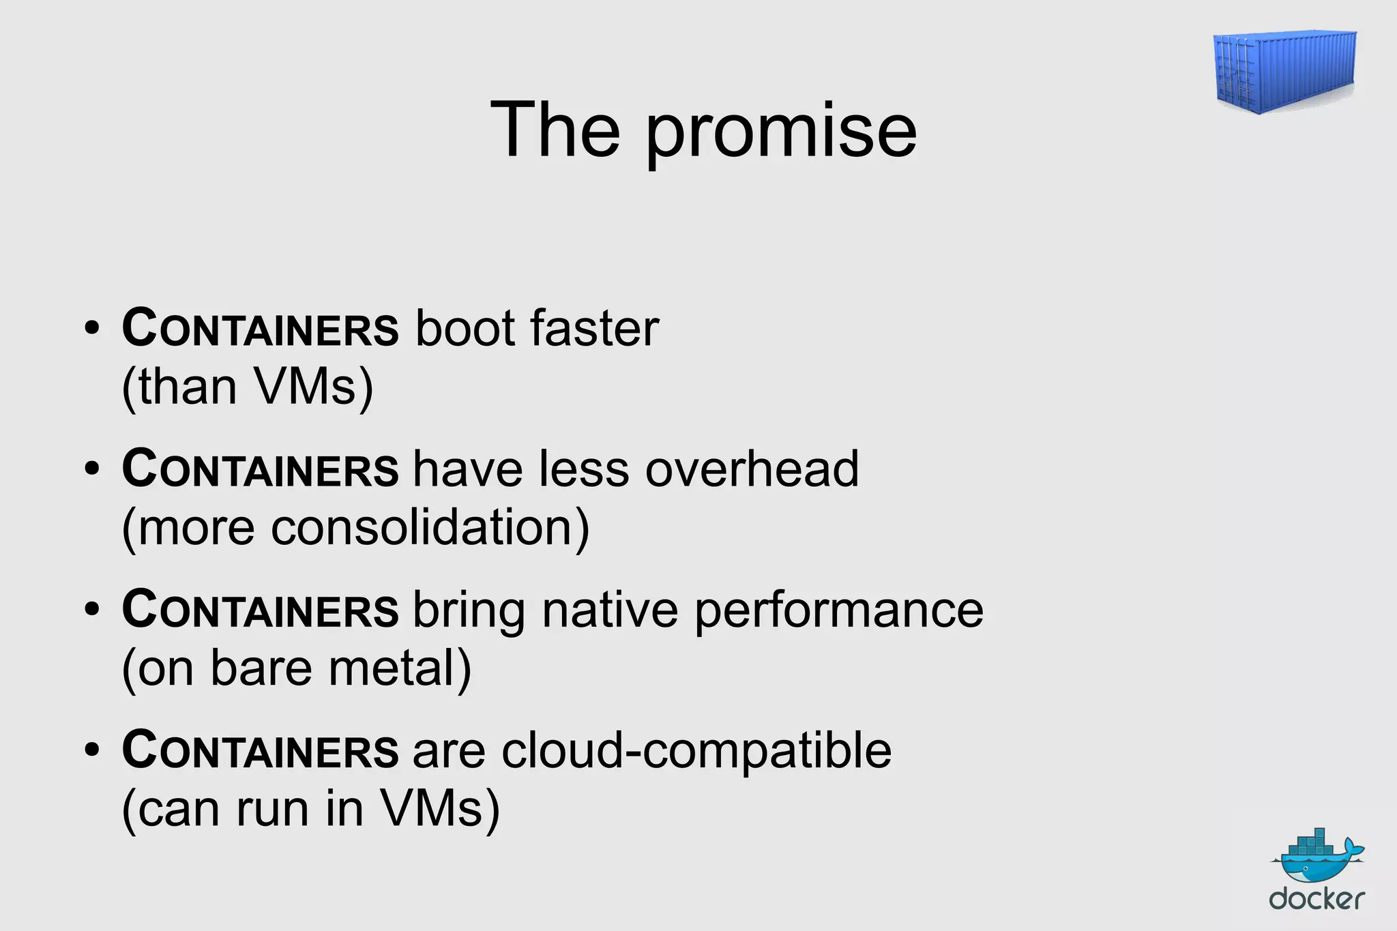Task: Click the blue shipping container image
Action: coord(1285,71)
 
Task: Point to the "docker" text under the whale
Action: coord(1317,900)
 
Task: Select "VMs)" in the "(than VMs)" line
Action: coord(313,387)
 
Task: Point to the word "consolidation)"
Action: coord(430,528)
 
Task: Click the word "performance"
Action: coord(839,611)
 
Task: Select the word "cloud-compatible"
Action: coord(696,751)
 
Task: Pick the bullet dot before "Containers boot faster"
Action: coord(92,328)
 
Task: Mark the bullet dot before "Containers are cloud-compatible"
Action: coord(92,750)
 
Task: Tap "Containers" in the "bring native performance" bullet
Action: coord(260,610)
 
